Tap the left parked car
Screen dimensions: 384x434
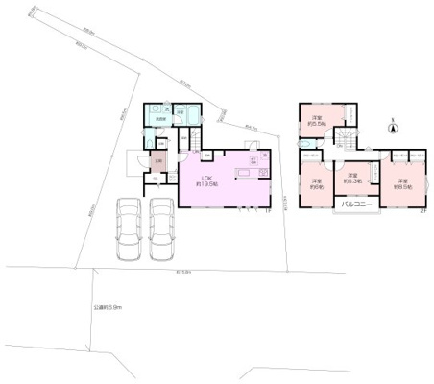(128, 229)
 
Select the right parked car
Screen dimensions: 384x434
(163, 229)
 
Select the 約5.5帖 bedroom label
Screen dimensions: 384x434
(316, 121)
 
